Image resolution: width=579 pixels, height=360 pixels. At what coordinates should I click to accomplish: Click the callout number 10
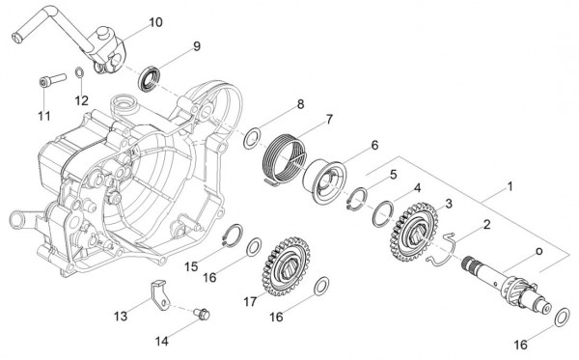click(x=156, y=21)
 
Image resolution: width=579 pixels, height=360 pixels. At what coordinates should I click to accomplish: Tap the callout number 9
click(x=196, y=45)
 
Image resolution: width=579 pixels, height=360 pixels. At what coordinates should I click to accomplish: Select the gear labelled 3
click(x=406, y=230)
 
